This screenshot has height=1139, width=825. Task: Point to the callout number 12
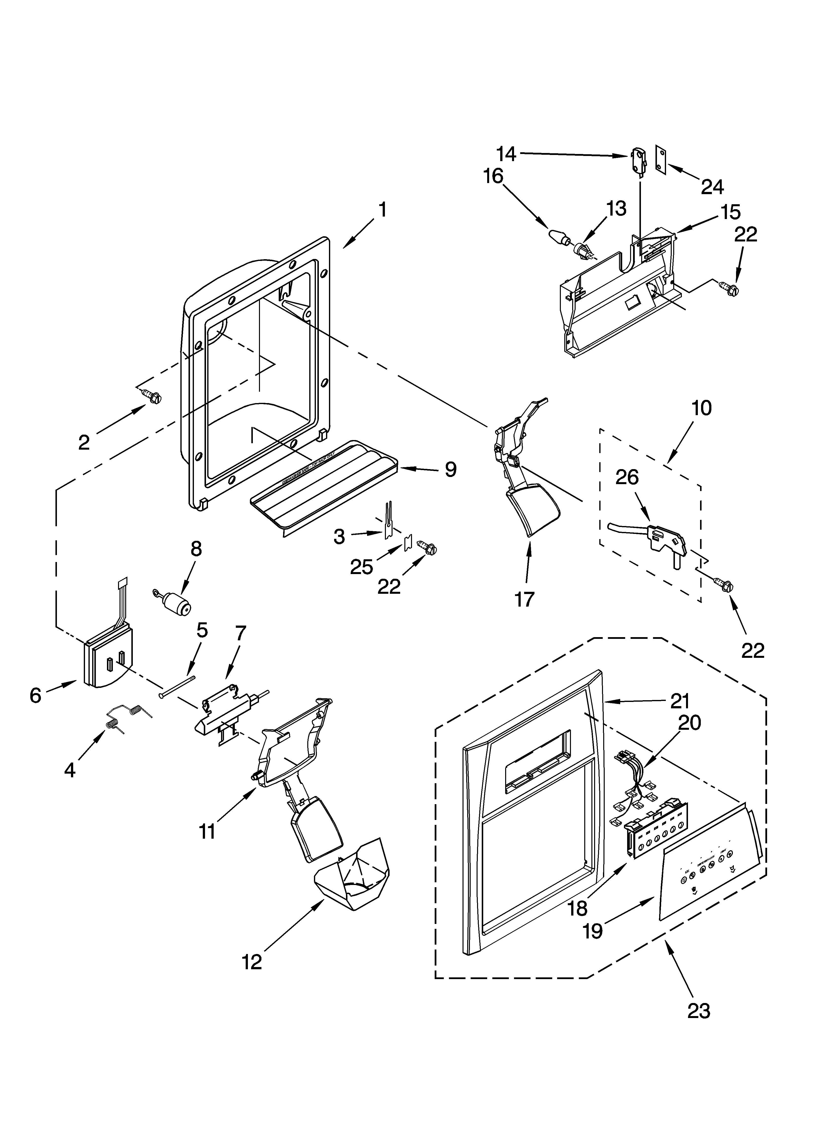252,962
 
